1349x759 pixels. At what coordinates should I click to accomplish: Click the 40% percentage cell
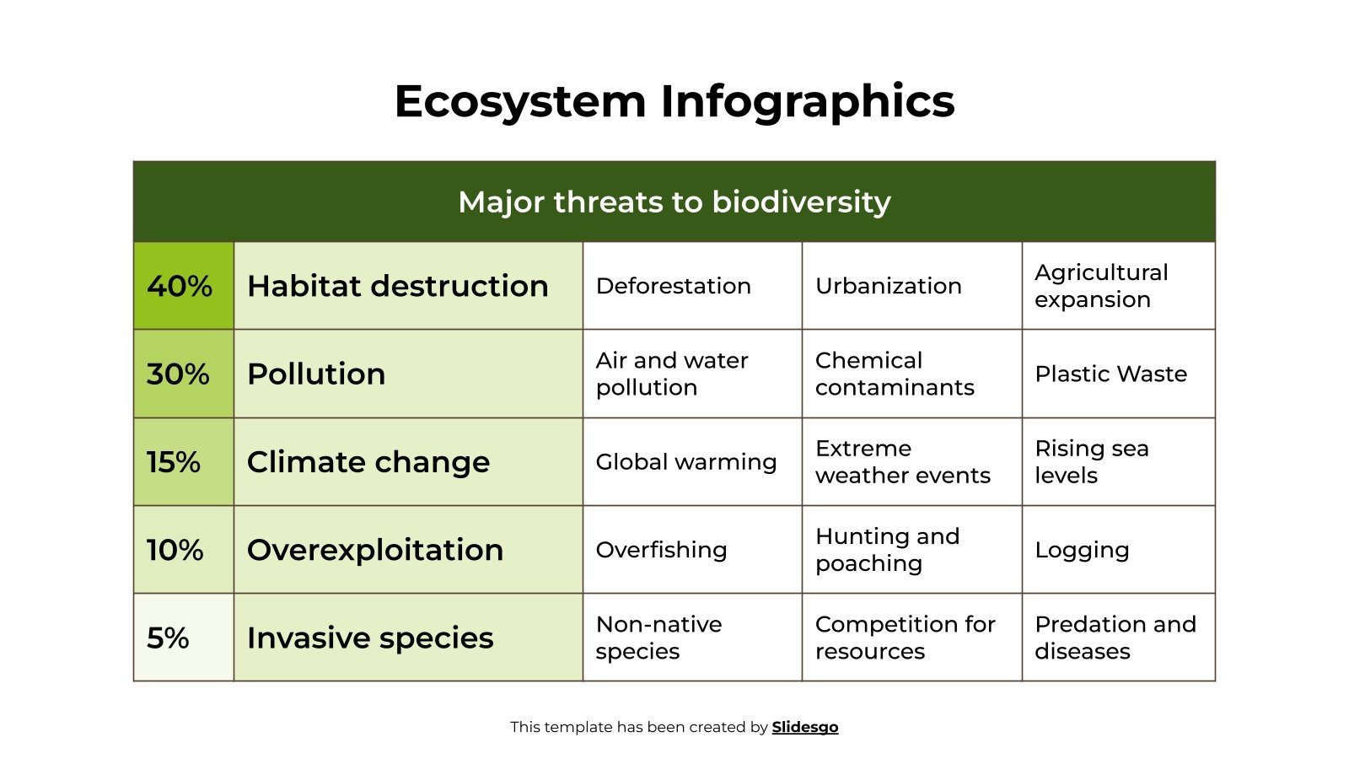[x=182, y=286]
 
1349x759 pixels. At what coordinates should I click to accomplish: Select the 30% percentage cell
[x=182, y=374]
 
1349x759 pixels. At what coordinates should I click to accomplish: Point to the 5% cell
[x=182, y=638]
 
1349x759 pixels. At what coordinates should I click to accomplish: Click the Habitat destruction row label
[x=397, y=286]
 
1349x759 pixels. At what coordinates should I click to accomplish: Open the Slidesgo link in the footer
[x=804, y=727]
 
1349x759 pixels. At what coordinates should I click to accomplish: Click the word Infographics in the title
[x=807, y=101]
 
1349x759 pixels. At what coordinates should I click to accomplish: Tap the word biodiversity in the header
[x=801, y=202]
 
